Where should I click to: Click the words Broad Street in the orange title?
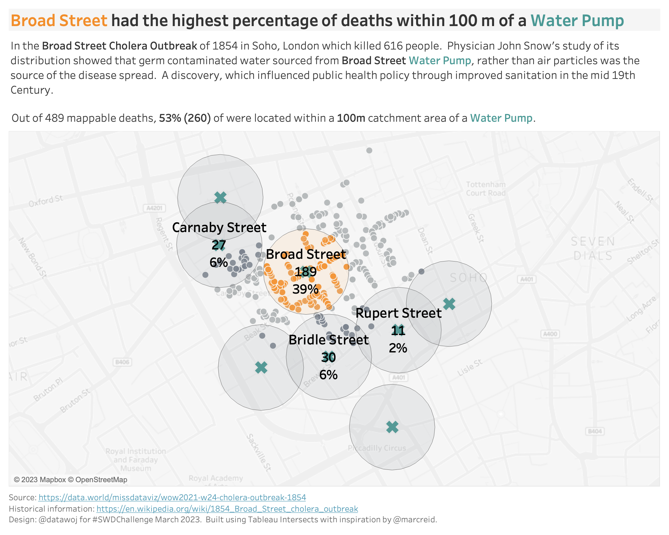pyautogui.click(x=59, y=21)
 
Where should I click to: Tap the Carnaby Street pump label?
pyautogui.click(x=219, y=228)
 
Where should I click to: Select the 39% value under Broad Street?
pyautogui.click(x=305, y=289)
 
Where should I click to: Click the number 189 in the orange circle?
pyautogui.click(x=305, y=272)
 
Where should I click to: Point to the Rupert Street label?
pyautogui.click(x=398, y=313)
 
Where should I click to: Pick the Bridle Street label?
pyautogui.click(x=328, y=340)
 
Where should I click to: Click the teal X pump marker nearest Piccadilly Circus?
pyautogui.click(x=392, y=427)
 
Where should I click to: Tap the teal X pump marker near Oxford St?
pyautogui.click(x=220, y=198)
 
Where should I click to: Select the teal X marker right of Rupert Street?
pyautogui.click(x=449, y=304)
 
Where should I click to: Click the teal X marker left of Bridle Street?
pyautogui.click(x=261, y=367)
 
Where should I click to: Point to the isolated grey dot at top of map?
pyautogui.click(x=369, y=150)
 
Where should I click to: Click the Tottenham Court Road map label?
pyautogui.click(x=486, y=189)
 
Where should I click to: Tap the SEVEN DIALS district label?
pyautogui.click(x=593, y=248)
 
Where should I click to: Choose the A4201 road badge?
pyautogui.click(x=154, y=208)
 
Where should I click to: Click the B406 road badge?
pyautogui.click(x=122, y=362)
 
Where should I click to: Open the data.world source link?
pyautogui.click(x=172, y=498)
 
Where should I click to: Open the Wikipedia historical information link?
pyautogui.click(x=227, y=509)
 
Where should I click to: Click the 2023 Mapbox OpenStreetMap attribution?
pyautogui.click(x=71, y=480)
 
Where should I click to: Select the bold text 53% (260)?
pyautogui.click(x=185, y=118)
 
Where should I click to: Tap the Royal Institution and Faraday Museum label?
pyautogui.click(x=136, y=460)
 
